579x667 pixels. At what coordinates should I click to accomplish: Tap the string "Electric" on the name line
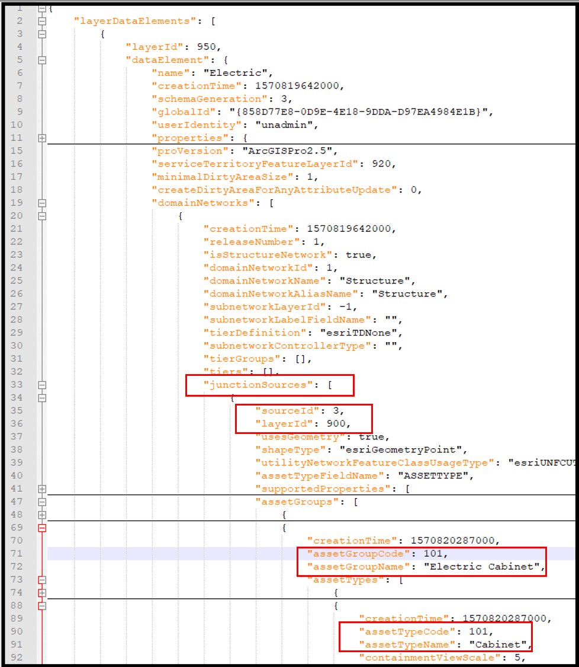pos(237,73)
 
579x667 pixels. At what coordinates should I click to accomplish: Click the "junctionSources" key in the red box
pos(258,385)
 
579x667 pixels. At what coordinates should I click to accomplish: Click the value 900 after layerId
pos(340,423)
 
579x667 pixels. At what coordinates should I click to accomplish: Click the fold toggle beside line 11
pos(42,138)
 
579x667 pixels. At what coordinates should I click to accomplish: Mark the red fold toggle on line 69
pos(42,528)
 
